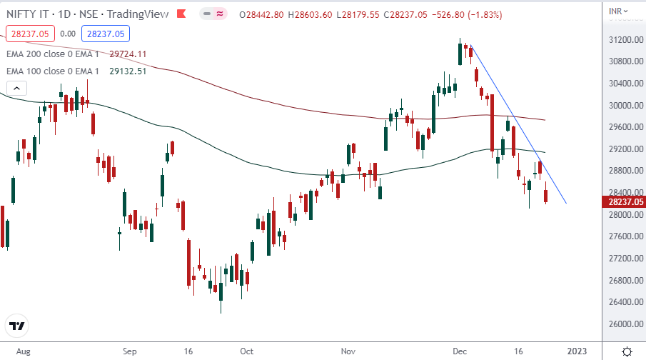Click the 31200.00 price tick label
620,39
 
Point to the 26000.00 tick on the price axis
620,324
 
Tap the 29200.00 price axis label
620,149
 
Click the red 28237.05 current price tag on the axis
620,203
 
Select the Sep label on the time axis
129,351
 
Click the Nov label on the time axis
348,351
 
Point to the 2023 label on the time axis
577,351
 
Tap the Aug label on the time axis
24,351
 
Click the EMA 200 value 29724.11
128,54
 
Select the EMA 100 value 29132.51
128,71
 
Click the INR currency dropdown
620,11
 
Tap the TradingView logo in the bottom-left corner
17,326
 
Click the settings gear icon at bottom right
627,351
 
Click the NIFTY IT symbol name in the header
26,14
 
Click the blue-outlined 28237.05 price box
104,34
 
